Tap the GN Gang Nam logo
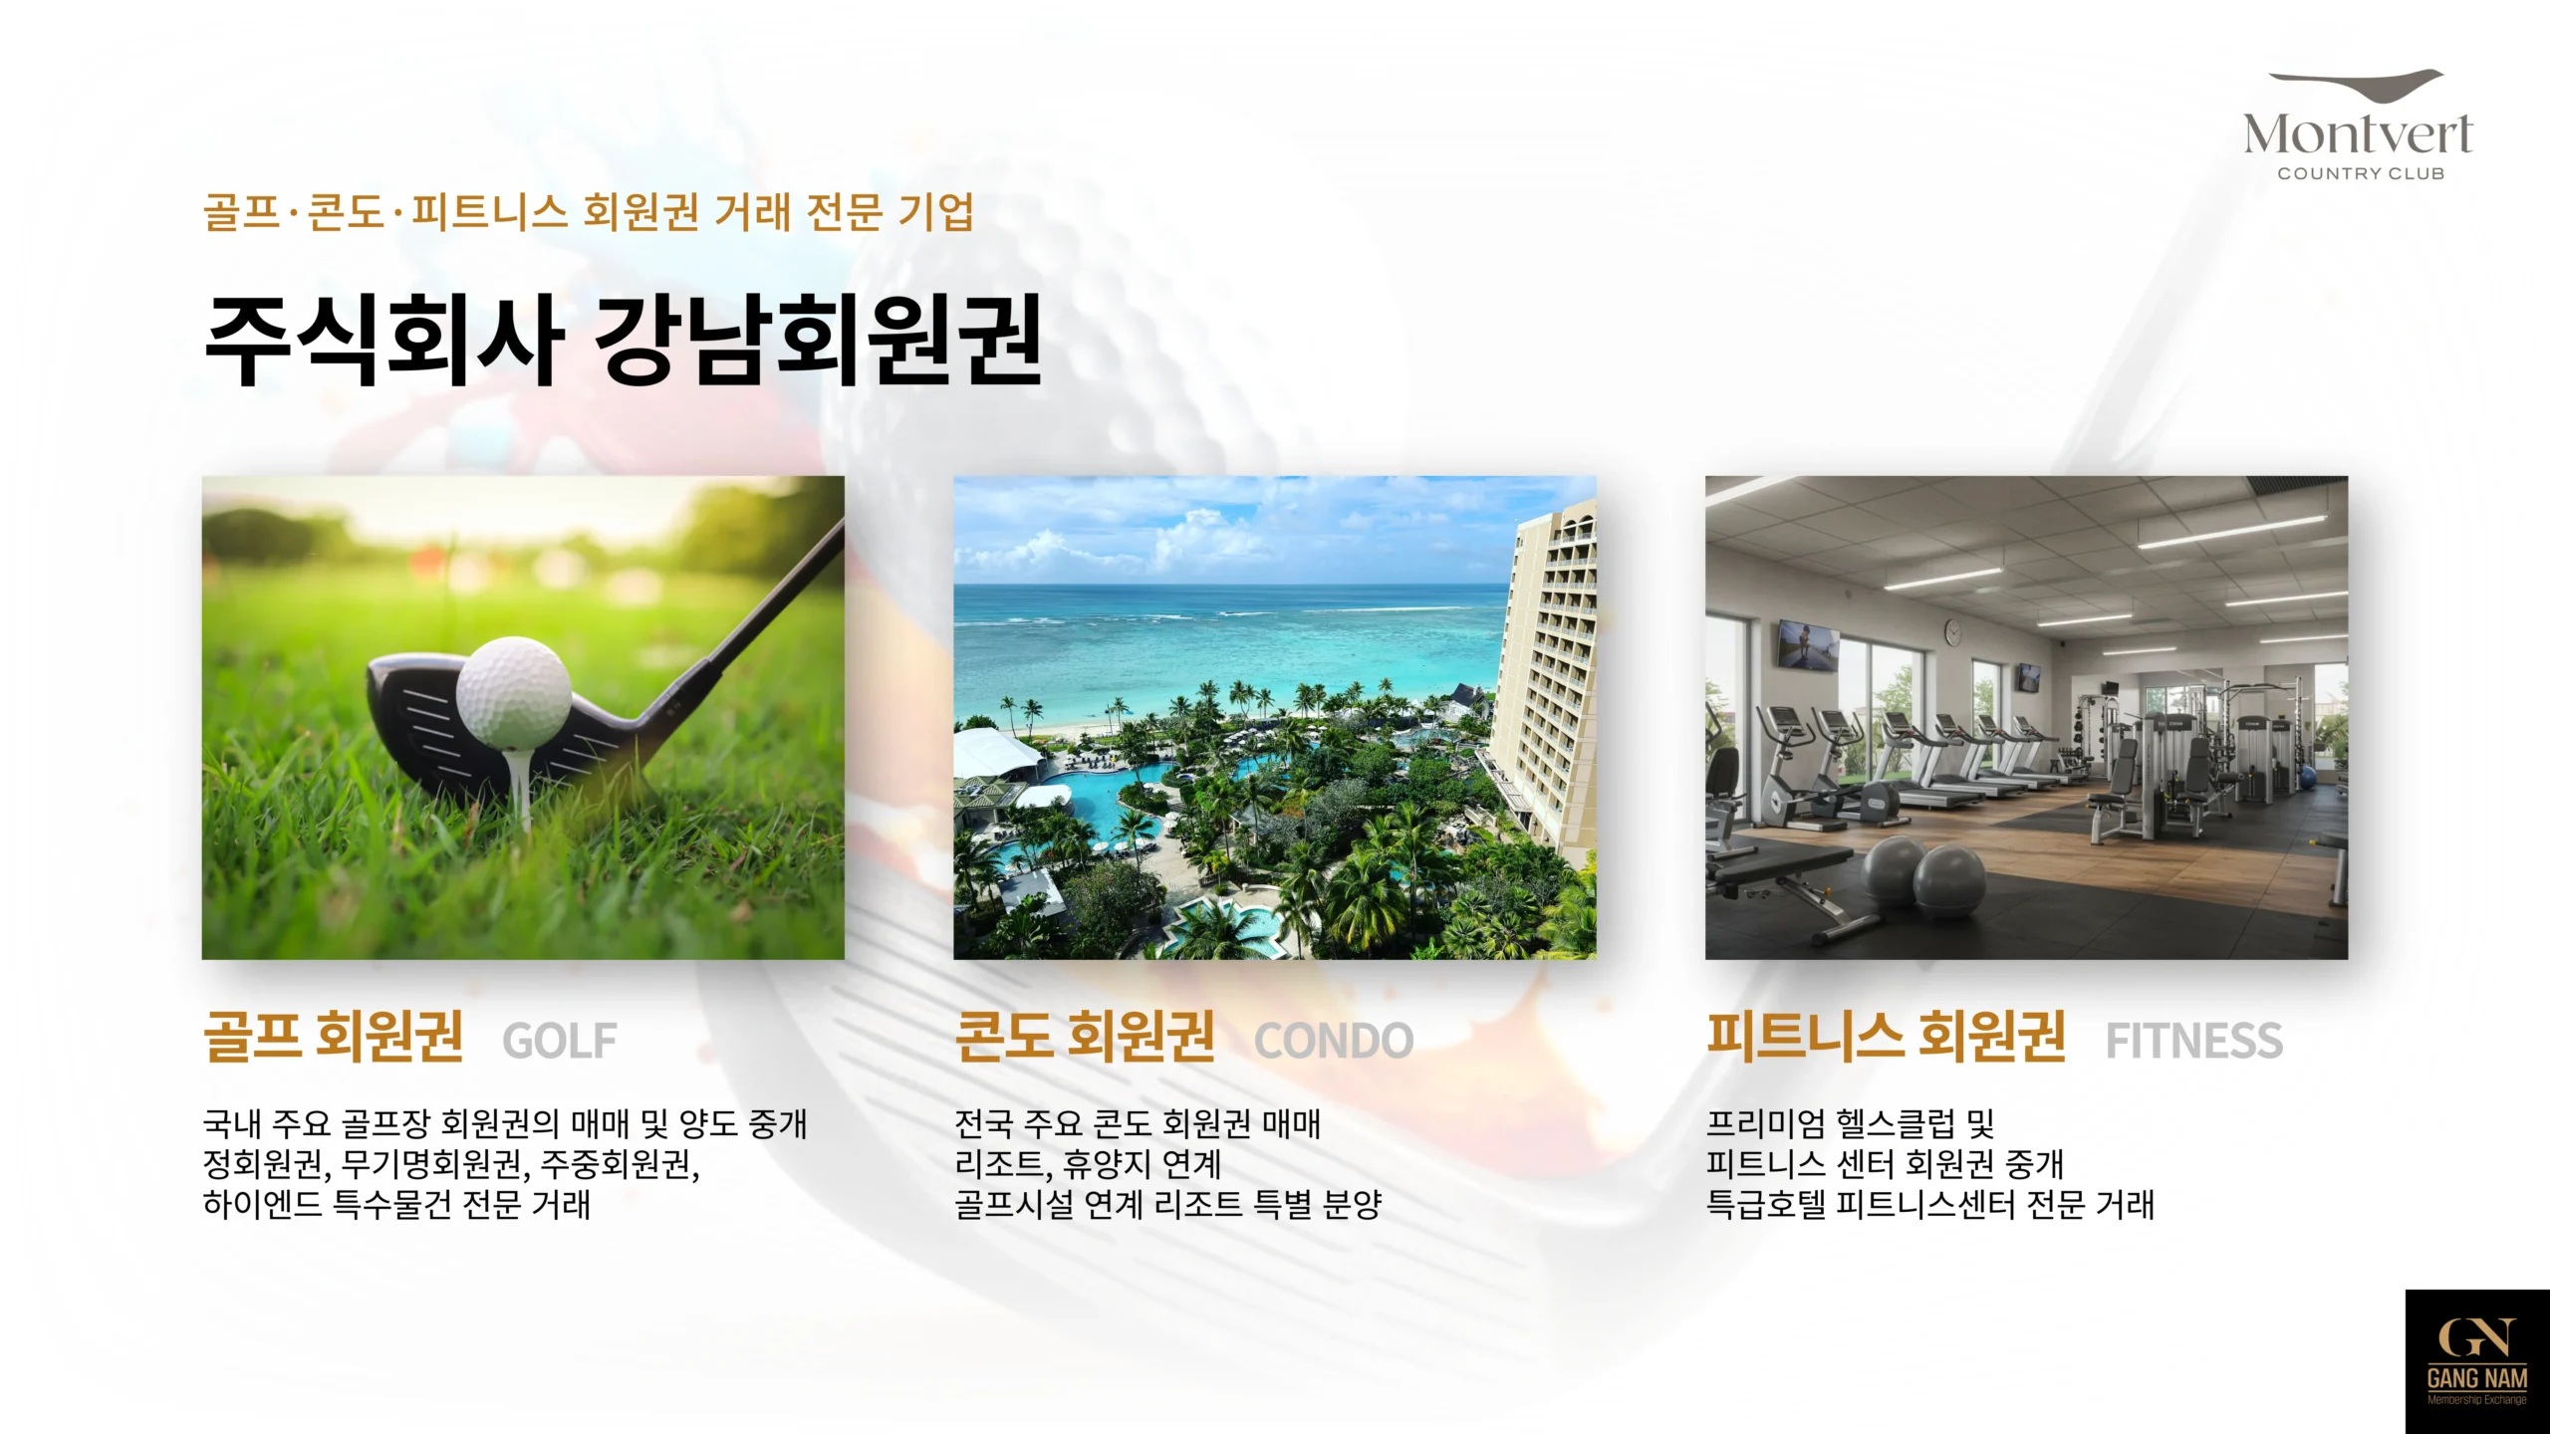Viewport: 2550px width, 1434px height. coord(2477,1361)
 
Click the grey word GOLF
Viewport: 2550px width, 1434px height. coord(560,1042)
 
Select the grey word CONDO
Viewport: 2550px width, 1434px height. coord(1334,1042)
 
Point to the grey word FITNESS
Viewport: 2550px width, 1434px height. coord(2194,1042)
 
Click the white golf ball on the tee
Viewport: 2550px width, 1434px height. coord(514,692)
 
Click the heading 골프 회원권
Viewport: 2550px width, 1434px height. coord(334,1037)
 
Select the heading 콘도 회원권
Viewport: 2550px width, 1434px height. coord(1085,1037)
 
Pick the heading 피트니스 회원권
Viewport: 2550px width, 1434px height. coord(1887,1037)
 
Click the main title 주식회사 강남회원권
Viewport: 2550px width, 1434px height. coord(624,340)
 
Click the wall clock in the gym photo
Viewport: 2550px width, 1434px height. coord(1953,631)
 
